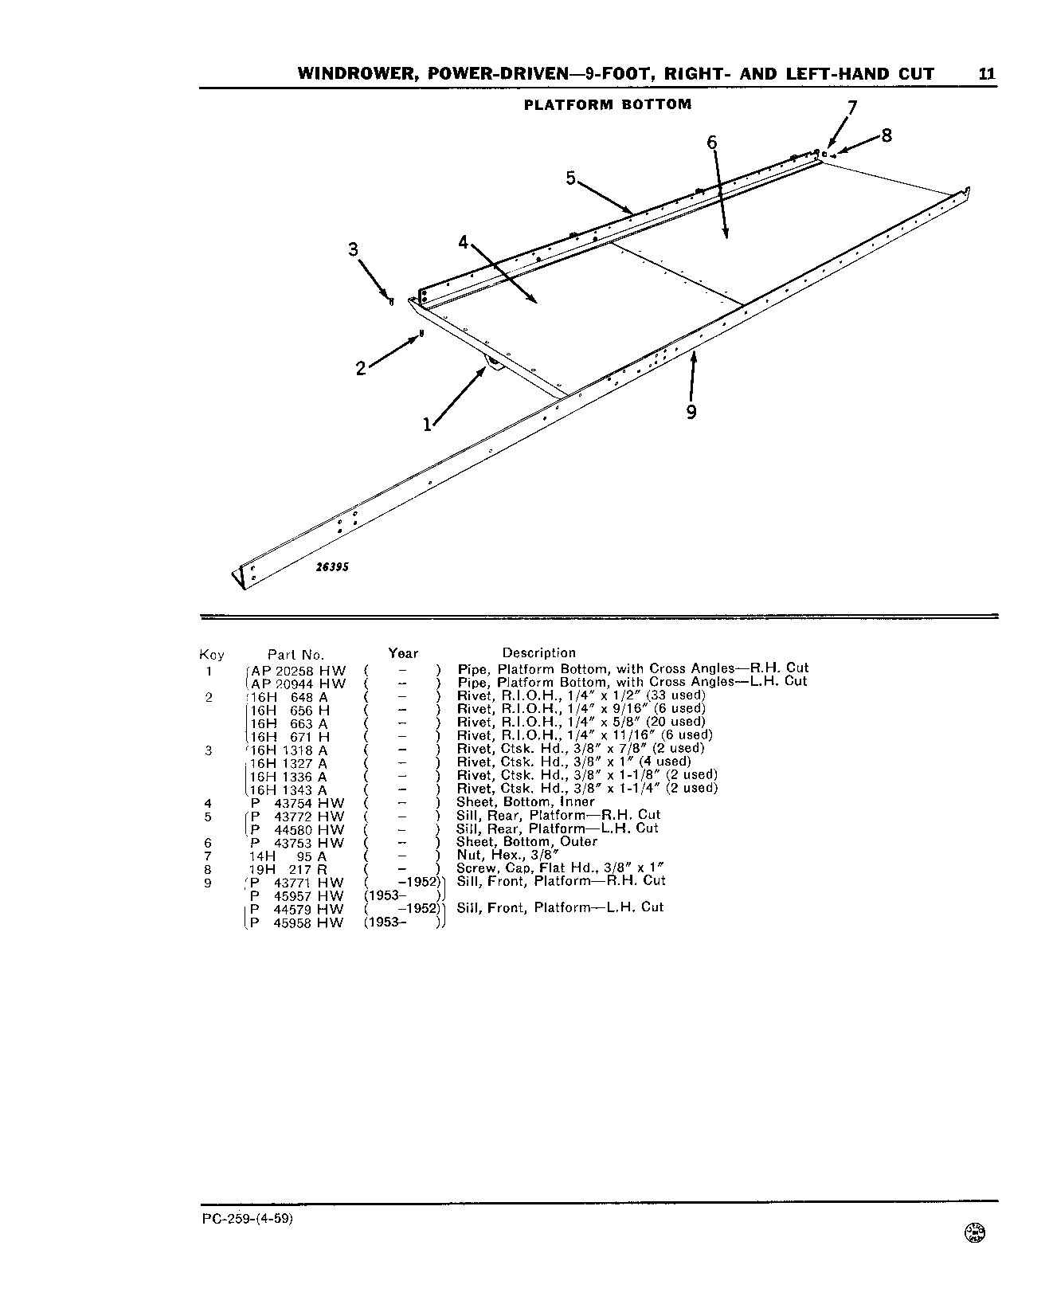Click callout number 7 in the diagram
[852, 108]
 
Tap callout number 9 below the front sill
[691, 412]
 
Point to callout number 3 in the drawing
[354, 249]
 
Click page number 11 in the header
[986, 74]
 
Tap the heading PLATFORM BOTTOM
[608, 104]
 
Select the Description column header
[538, 653]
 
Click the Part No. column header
[296, 655]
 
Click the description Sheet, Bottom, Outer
[526, 842]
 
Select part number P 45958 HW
[296, 923]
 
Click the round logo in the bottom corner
[975, 1254]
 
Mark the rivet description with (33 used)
[581, 695]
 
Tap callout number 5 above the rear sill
[570, 178]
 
